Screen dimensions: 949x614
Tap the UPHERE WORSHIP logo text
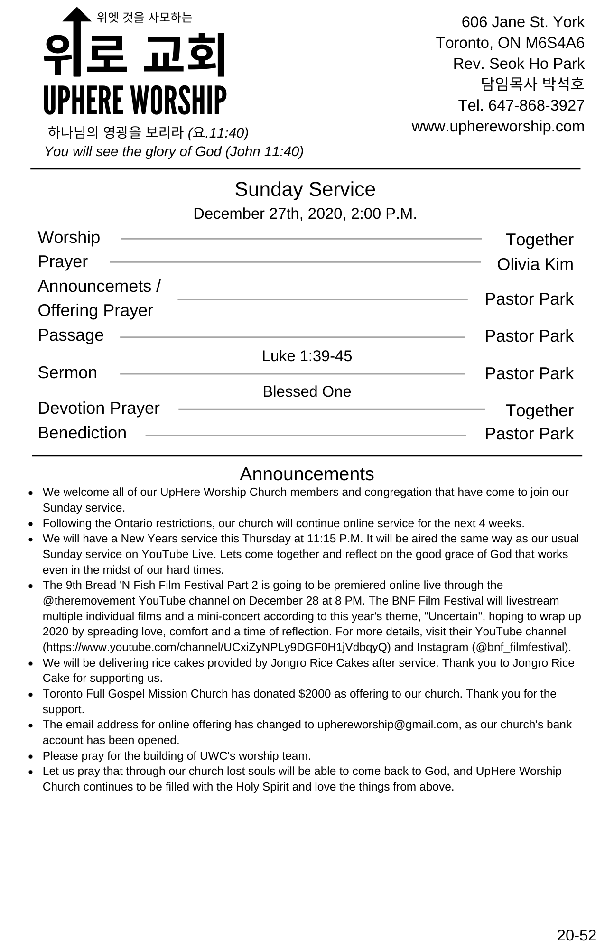pos(135,100)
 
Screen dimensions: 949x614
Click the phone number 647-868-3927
pos(536,105)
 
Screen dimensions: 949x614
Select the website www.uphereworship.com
pos(498,126)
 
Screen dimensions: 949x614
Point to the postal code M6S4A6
pos(555,43)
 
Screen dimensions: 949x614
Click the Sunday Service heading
pos(305,189)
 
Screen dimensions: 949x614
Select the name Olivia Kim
pos(535,264)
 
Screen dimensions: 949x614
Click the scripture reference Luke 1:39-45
pos(307,356)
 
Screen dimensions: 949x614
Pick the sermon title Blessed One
pos(307,391)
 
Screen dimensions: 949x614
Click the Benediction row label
pos(82,433)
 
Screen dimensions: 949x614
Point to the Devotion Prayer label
pos(99,408)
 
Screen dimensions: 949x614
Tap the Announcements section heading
pos(307,474)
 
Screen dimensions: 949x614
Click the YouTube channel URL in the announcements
pos(217,647)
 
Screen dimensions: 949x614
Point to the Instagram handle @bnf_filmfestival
pos(521,647)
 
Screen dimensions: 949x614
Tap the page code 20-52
pos(576,935)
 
